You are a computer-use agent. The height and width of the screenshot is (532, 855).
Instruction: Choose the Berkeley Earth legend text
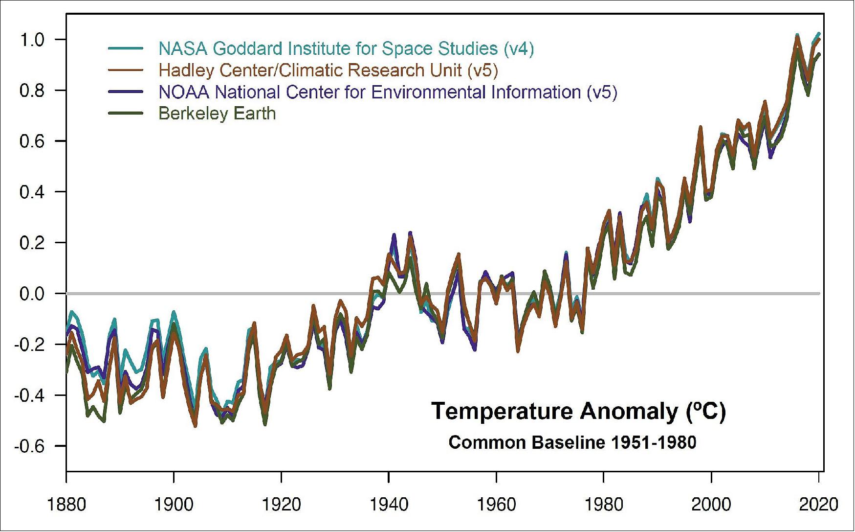point(217,114)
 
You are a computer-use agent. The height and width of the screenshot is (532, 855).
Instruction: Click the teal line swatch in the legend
point(125,48)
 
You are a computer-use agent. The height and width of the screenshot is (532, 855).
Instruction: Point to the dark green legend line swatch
point(125,114)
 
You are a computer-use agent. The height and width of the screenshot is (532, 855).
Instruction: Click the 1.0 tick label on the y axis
point(32,40)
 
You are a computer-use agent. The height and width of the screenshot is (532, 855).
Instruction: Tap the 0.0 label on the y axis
point(32,294)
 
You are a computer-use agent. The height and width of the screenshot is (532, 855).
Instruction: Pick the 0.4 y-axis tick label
point(32,192)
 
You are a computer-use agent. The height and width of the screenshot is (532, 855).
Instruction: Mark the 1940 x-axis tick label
point(389,504)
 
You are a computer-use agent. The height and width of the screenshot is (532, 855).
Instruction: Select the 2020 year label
point(818,504)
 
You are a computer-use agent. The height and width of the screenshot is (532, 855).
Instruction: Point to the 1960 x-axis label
point(496,504)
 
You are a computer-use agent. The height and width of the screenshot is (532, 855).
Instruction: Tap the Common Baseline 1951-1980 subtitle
point(572,442)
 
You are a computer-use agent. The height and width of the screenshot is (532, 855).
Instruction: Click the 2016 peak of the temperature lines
point(797,37)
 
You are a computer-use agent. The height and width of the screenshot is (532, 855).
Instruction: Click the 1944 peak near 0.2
point(410,233)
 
